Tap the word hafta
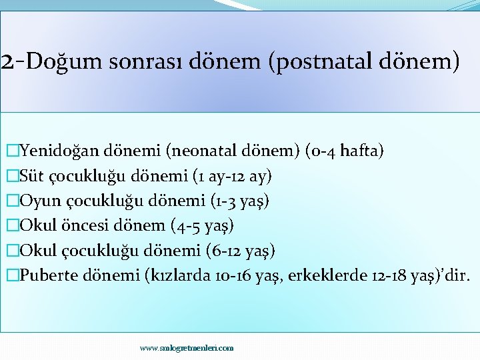[359, 151]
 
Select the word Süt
[32, 176]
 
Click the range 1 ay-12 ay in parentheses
[232, 176]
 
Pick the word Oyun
[39, 201]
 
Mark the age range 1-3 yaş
[239, 201]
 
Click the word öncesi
[81, 225]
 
